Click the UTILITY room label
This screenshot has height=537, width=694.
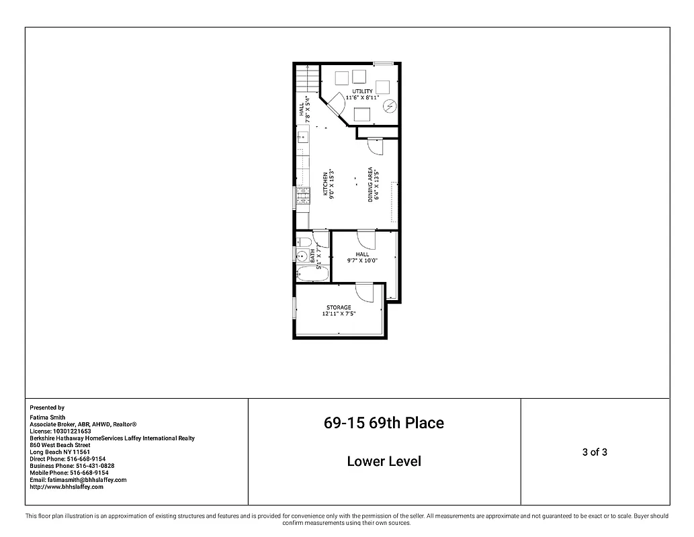tap(363, 91)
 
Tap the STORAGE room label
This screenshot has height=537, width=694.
tap(339, 307)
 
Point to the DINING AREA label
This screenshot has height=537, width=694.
tap(370, 185)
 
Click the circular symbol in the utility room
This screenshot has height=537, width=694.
tap(390, 106)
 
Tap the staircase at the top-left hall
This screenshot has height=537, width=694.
tap(306, 79)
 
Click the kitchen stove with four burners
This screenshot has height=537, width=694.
tap(303, 195)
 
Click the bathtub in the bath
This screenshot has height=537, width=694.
tap(312, 274)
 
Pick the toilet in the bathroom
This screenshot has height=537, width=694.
tap(303, 242)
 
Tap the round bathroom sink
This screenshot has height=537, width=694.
tap(301, 256)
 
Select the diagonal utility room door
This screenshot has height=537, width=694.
tap(339, 102)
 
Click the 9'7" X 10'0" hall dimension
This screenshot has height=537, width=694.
tap(362, 260)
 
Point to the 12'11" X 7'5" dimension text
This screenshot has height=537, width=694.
tap(339, 313)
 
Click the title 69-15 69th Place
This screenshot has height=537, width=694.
tap(384, 423)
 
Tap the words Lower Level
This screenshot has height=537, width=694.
tap(384, 461)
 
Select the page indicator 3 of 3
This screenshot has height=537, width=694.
tap(595, 452)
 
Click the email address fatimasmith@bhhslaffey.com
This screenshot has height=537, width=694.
tap(78, 480)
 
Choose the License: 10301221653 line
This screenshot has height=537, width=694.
tap(60, 431)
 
